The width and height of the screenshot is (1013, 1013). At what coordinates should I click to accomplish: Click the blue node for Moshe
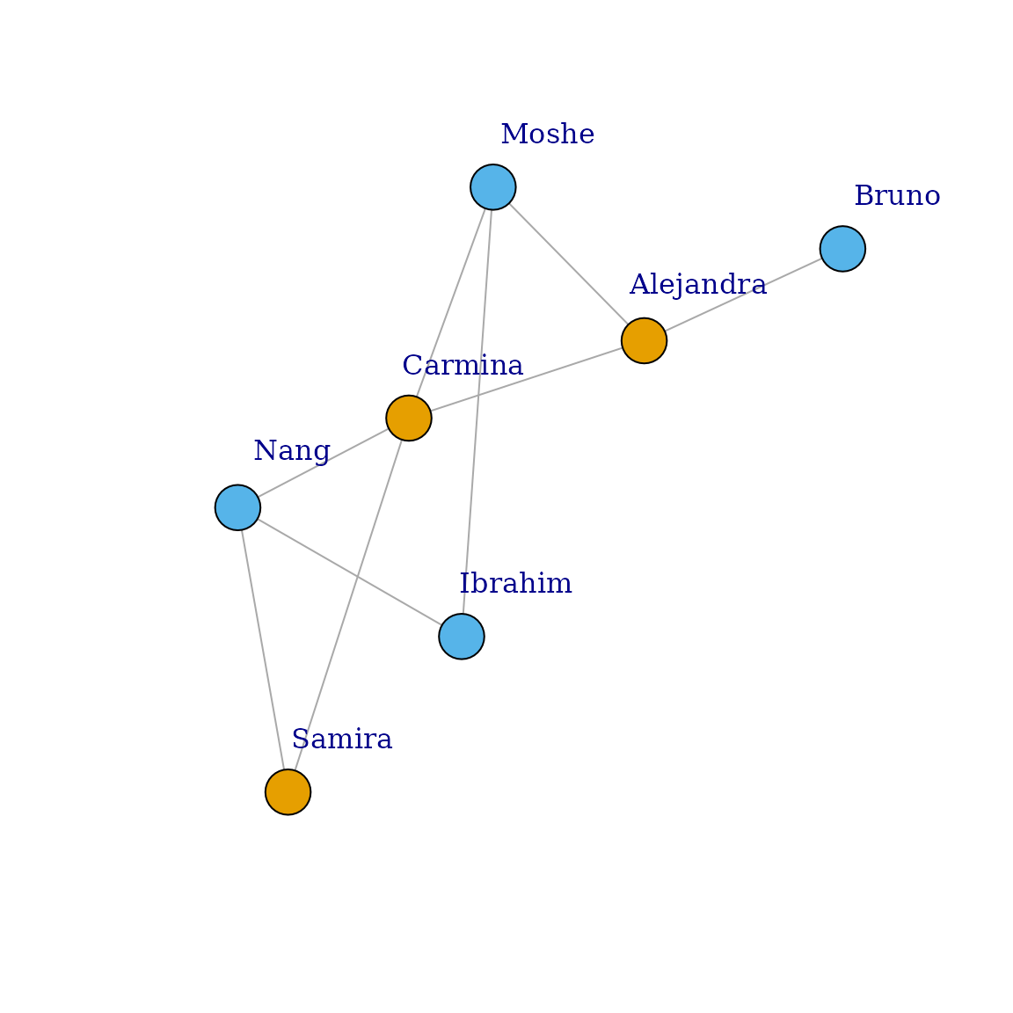(492, 187)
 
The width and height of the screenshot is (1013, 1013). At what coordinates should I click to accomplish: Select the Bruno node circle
(842, 249)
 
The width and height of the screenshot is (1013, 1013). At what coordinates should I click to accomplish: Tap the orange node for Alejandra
(644, 340)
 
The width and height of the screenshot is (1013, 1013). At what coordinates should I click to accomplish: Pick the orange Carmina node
(409, 418)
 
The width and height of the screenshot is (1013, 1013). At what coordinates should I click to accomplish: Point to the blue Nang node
(237, 507)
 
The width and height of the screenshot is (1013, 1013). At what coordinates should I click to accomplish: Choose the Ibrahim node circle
(462, 636)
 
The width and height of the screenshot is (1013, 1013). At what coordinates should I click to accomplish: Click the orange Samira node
(288, 792)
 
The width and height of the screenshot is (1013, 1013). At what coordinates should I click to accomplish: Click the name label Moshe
(547, 135)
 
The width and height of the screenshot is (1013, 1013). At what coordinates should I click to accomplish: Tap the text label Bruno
(897, 196)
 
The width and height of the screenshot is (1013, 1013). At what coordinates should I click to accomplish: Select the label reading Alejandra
(697, 285)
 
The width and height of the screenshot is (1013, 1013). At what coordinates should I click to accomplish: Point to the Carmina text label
(463, 366)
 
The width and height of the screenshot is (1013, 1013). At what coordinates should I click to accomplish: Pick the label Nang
(291, 451)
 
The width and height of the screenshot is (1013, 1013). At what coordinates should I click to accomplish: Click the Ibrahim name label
(516, 584)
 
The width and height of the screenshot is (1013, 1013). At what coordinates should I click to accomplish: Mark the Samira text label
(341, 740)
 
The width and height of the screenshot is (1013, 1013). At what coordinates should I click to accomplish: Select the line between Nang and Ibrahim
(349, 572)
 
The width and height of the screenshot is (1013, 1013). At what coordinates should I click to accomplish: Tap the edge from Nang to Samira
(263, 650)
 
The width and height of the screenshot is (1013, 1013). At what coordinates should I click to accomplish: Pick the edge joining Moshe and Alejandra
(568, 264)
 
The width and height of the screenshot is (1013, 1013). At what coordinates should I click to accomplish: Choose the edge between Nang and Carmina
(323, 463)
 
